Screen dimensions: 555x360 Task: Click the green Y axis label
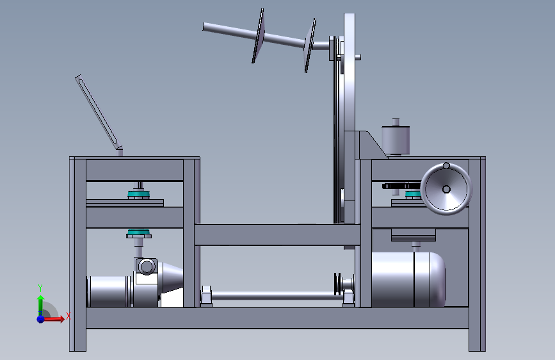tap(40, 288)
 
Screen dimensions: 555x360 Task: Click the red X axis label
tap(68, 316)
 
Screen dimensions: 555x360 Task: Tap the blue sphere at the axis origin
tap(41, 319)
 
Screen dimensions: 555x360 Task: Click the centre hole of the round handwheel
tap(446, 190)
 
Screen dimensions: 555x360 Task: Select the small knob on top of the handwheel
tap(446, 165)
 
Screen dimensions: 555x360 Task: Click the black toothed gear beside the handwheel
tap(401, 186)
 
